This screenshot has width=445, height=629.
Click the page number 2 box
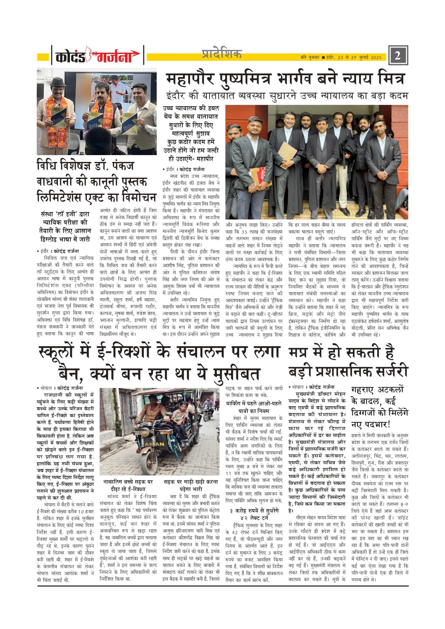(398, 55)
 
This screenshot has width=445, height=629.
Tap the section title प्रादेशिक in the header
(222, 54)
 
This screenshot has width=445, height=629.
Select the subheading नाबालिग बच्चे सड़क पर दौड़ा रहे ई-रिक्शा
(128, 485)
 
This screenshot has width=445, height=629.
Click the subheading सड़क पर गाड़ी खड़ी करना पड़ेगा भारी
(191, 485)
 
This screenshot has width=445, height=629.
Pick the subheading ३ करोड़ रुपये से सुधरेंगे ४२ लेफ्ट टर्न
(254, 514)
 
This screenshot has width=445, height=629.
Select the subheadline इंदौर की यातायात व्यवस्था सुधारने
(287, 96)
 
